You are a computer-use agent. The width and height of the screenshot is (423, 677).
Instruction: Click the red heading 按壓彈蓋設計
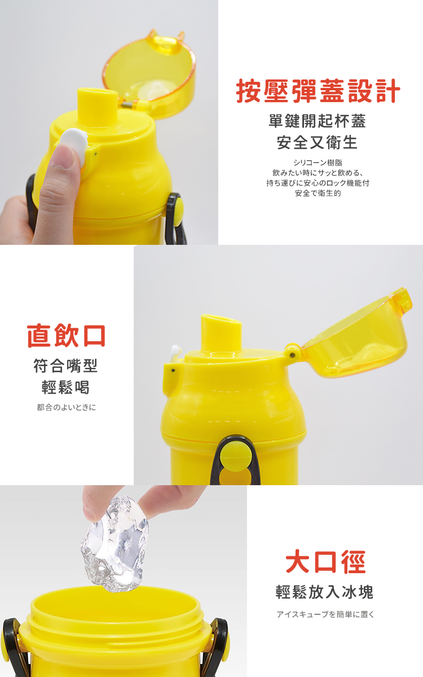(x=318, y=91)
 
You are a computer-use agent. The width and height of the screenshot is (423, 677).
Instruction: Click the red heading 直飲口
(x=66, y=336)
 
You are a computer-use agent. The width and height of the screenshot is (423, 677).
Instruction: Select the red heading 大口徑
(x=325, y=562)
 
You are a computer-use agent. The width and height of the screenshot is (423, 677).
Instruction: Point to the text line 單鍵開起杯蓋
(x=317, y=121)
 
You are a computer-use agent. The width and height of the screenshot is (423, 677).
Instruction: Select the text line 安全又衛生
(x=317, y=142)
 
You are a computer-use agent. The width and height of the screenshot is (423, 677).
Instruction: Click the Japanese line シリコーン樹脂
(x=318, y=162)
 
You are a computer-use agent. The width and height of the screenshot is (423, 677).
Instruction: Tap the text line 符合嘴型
(x=65, y=366)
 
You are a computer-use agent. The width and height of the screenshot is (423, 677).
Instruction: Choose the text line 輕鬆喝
(x=65, y=387)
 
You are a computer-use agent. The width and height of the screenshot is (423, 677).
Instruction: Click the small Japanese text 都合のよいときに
(x=66, y=407)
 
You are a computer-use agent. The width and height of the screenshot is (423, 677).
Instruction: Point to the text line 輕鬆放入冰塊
(x=324, y=592)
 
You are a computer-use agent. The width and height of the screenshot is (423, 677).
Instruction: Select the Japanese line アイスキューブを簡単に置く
(x=325, y=614)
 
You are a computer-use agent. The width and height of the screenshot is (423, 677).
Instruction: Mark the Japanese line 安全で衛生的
(x=318, y=193)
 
